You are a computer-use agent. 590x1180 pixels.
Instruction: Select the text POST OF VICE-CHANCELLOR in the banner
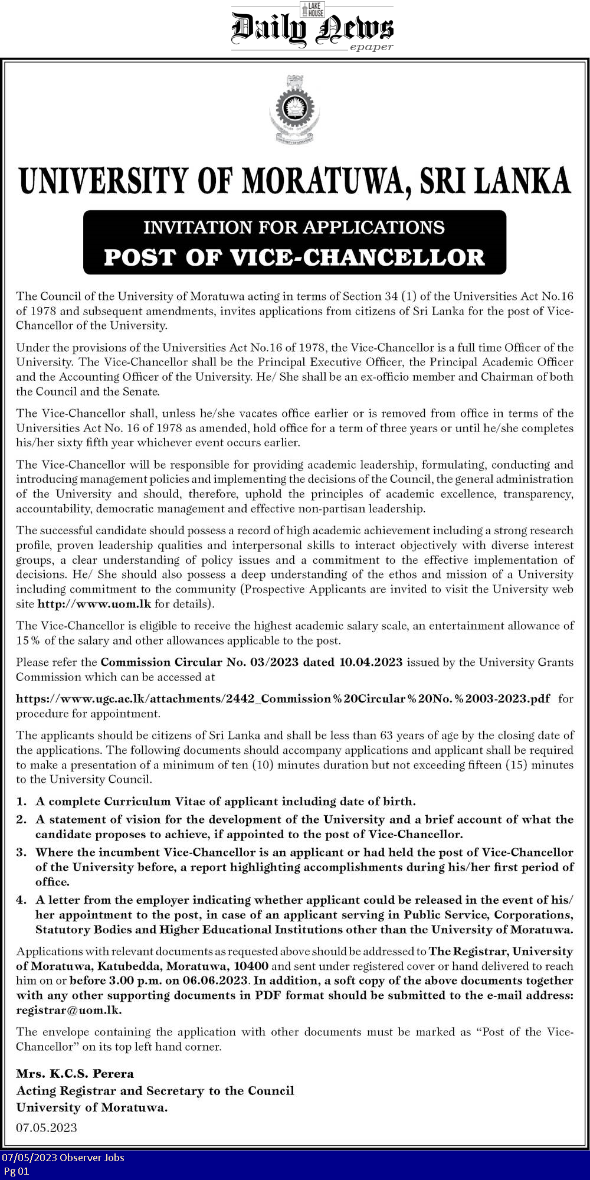click(294, 257)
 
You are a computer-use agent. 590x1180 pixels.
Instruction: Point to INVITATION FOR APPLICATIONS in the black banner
click(294, 227)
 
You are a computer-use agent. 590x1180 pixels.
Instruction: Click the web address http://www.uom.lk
click(94, 604)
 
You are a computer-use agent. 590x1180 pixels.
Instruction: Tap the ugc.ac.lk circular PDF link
click(283, 699)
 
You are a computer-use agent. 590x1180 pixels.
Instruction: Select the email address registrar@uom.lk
click(68, 1010)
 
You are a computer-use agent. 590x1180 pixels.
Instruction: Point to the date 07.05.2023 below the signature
click(47, 1128)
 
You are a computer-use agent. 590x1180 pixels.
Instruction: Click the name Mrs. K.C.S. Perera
click(75, 1074)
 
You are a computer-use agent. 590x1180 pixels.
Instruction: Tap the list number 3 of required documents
click(21, 852)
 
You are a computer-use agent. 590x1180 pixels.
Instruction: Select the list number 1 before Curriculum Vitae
click(21, 802)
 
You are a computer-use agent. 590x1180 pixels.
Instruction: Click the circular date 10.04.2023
click(371, 662)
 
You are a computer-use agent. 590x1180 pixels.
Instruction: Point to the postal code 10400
click(251, 966)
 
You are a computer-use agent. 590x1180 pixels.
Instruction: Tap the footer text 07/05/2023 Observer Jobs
click(63, 1158)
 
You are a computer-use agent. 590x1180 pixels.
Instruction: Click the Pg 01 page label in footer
click(17, 1171)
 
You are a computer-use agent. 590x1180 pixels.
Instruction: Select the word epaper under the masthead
click(371, 47)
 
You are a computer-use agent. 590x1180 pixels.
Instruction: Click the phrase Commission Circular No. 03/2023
click(199, 662)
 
